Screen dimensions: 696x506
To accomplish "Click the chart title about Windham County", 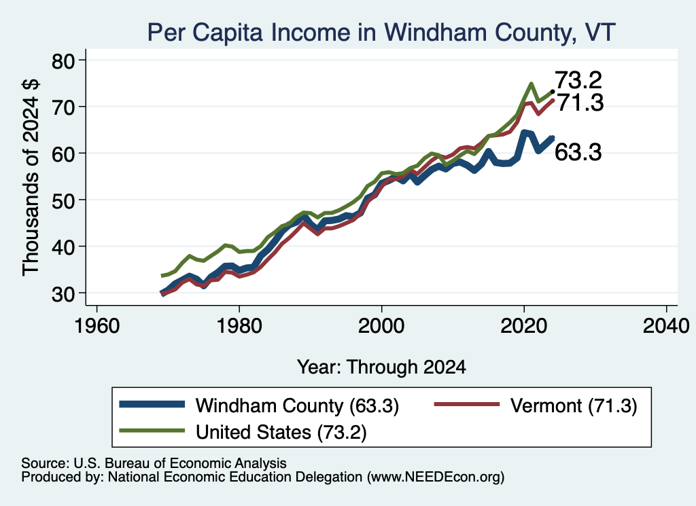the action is pos(381,33).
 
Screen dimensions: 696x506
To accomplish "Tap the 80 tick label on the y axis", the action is pos(63,60).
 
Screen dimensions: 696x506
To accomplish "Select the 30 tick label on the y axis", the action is pos(63,293).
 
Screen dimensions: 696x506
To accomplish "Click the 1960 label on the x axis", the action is pos(97,326).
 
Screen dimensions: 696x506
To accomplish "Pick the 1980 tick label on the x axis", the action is pos(239,326).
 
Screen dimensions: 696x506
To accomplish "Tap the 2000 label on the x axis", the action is pos(381,326).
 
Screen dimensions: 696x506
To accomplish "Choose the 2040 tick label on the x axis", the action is pos(666,326).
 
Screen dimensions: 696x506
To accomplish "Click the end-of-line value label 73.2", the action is pos(578,80).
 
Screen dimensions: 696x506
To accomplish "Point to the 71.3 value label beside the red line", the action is pos(580,103).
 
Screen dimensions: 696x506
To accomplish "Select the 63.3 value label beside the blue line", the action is pos(578,152).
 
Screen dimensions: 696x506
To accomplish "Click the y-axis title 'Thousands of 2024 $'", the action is pos(31,177).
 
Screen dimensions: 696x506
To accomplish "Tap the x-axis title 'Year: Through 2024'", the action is pos(381,367).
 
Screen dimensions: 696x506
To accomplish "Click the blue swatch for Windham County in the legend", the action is pos(152,404).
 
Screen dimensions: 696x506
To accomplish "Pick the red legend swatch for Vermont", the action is pos(466,404).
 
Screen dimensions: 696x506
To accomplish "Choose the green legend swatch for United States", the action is pos(152,431).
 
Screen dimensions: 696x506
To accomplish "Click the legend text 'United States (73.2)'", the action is pos(281,432).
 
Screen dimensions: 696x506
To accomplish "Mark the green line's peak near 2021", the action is pos(531,84).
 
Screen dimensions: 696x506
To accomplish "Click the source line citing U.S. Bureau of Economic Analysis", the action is pos(154,463).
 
